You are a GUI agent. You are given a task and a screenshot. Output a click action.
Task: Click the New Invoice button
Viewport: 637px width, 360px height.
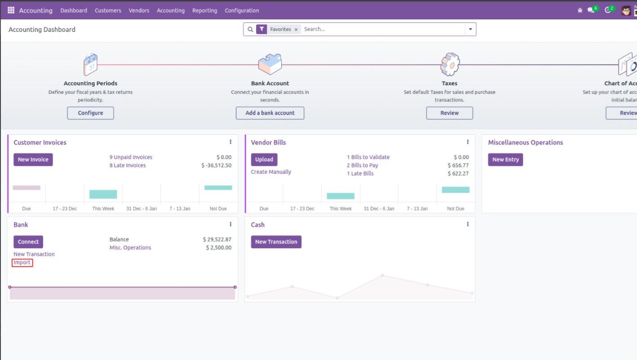(x=33, y=159)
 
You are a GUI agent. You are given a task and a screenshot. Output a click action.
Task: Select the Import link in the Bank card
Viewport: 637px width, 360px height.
(x=22, y=263)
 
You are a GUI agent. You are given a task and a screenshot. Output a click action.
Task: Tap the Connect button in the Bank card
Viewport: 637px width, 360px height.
(x=28, y=241)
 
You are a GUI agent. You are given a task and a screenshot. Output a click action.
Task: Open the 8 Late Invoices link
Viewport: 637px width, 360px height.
(x=128, y=165)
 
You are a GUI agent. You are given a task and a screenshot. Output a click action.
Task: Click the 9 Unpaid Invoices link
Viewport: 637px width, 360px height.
(x=131, y=157)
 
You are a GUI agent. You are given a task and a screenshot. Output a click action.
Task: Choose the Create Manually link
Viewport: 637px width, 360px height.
(x=271, y=172)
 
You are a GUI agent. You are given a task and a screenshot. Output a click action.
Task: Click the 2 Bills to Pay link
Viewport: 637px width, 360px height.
(x=362, y=165)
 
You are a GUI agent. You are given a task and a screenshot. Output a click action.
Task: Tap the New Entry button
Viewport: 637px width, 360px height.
(x=505, y=159)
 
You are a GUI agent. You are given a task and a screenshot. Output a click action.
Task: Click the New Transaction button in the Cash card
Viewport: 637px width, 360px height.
(x=276, y=241)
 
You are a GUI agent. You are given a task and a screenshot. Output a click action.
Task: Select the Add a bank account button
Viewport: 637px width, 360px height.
(x=270, y=113)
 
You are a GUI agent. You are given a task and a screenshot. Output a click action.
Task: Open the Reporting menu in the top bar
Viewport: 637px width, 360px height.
(x=204, y=10)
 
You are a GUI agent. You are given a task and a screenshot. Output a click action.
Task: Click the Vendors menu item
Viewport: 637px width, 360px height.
(x=139, y=10)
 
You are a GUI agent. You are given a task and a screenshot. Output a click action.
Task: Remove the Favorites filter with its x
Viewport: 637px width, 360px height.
(x=296, y=30)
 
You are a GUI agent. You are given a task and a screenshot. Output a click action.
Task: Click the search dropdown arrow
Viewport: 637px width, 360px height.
(x=470, y=29)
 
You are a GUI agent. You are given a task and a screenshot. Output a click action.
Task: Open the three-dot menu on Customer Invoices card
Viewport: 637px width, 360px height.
(x=230, y=142)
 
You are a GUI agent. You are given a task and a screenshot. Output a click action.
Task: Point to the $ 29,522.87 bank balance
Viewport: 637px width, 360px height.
(x=217, y=239)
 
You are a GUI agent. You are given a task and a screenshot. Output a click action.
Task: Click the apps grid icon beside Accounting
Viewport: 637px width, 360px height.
(x=11, y=10)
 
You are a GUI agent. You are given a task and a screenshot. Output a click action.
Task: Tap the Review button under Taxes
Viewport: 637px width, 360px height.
(x=449, y=113)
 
